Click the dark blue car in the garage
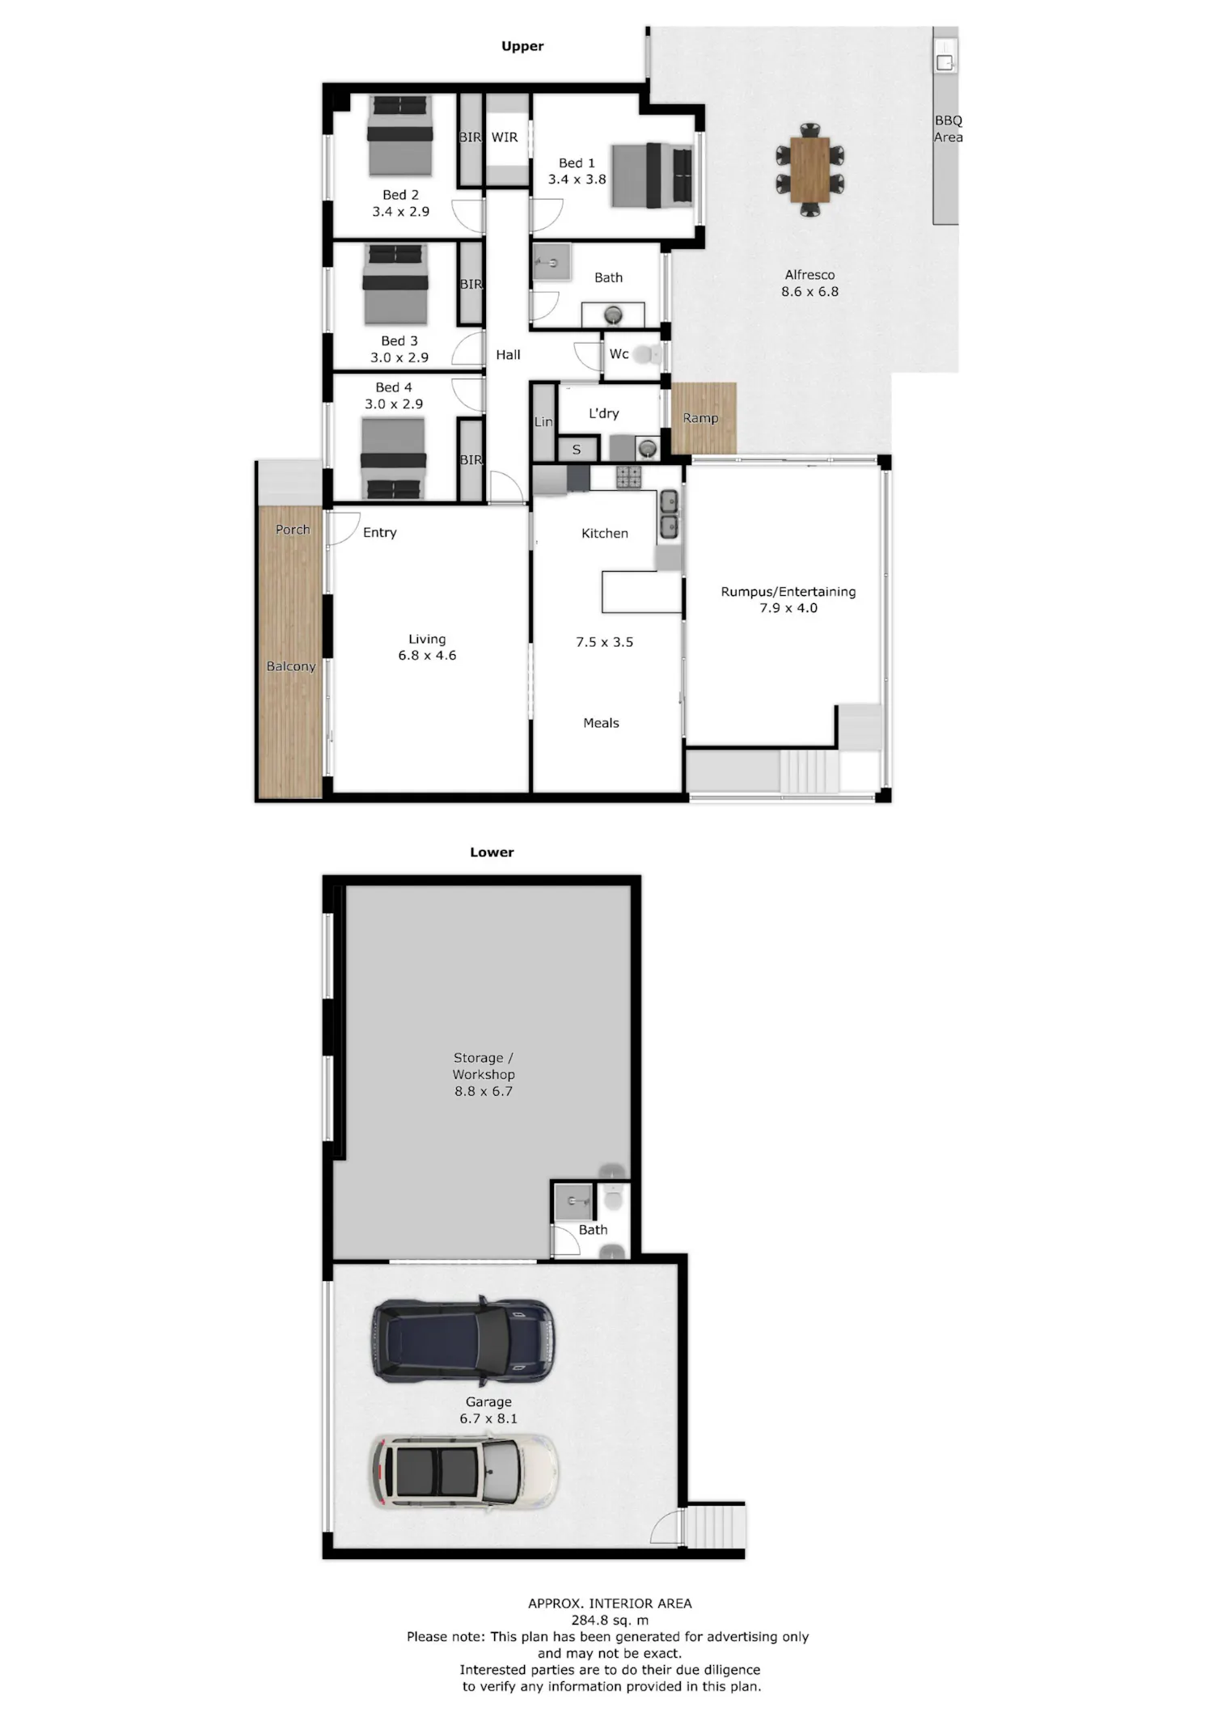(463, 1340)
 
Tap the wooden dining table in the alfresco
(809, 170)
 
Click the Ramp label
(700, 418)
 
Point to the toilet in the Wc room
(646, 354)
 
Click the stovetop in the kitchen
(628, 477)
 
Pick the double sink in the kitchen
(669, 514)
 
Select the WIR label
(505, 137)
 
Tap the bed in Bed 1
(652, 175)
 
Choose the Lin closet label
(543, 421)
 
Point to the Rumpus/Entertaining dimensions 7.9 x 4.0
(788, 608)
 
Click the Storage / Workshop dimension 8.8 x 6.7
(484, 1091)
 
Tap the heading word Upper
(522, 46)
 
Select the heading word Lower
(492, 852)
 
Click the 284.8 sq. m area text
(610, 1620)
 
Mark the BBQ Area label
(949, 129)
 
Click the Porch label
(293, 530)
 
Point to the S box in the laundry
(577, 450)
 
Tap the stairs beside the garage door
(715, 1526)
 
